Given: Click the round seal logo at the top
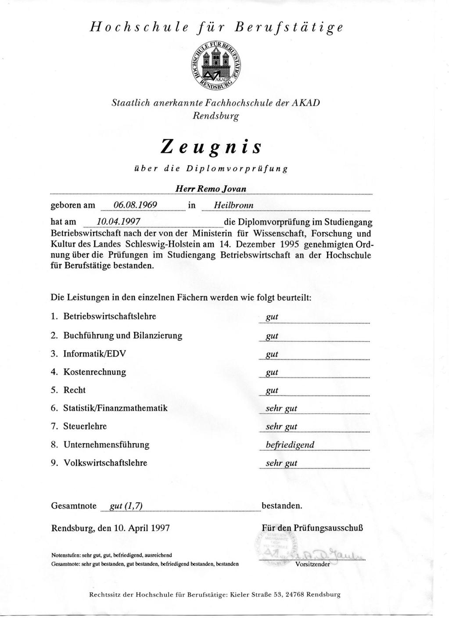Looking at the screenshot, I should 217,65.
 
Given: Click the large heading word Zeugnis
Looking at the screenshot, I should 211,146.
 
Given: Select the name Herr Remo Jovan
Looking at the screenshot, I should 211,189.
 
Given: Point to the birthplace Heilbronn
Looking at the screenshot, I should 233,205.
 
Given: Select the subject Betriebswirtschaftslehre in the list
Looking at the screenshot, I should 110,316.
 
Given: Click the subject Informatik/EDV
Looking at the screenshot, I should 97,354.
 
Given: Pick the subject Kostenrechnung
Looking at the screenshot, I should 94,372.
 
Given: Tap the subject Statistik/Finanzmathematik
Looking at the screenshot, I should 115,408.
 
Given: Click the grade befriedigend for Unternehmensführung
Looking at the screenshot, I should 290,445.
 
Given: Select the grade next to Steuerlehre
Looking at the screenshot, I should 281,427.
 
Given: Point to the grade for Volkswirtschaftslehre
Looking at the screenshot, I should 281,463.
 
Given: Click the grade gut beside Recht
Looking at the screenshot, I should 272,391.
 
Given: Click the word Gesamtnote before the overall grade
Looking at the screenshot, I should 74,506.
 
